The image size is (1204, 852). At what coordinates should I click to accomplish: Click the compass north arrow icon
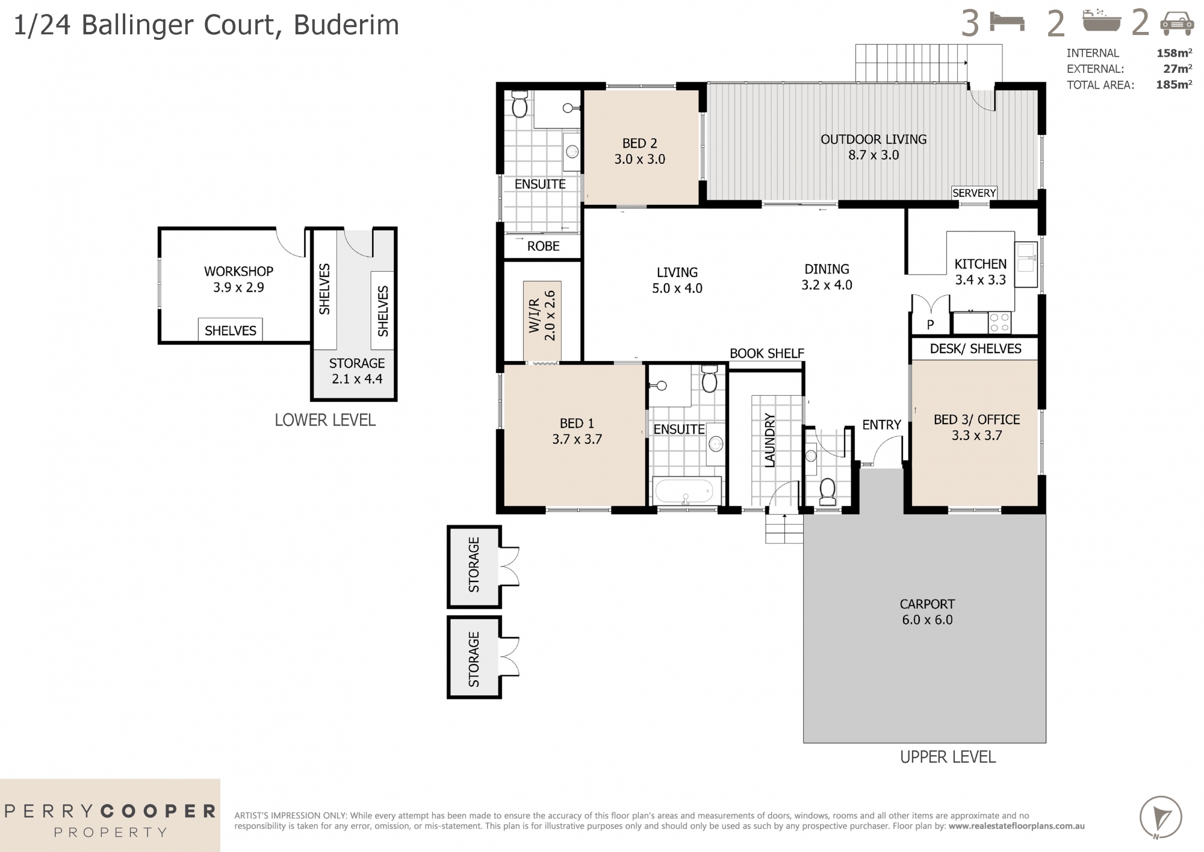(1160, 817)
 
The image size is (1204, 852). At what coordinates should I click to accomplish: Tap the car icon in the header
(1176, 24)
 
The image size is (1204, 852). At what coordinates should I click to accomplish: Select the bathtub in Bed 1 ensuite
(686, 491)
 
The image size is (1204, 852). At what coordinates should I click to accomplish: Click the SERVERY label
(973, 193)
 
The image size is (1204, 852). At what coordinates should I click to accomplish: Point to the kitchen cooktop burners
(999, 322)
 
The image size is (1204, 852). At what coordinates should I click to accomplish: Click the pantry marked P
(930, 324)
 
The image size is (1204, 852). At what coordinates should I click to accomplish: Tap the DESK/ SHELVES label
(975, 349)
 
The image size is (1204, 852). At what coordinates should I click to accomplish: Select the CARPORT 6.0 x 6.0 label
(927, 612)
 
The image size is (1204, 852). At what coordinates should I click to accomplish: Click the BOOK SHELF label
(766, 354)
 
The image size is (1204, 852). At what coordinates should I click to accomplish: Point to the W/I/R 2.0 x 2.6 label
(542, 316)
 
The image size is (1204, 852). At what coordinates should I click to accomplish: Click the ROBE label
(543, 246)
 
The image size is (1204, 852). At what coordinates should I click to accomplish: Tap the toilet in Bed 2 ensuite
(519, 105)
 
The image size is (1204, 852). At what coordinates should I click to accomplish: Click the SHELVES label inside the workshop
(230, 330)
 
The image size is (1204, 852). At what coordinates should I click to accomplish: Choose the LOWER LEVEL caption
(325, 420)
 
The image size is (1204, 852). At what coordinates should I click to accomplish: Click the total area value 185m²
(1173, 85)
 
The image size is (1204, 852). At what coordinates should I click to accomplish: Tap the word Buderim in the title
(346, 25)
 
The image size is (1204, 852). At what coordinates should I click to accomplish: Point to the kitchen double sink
(1026, 265)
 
